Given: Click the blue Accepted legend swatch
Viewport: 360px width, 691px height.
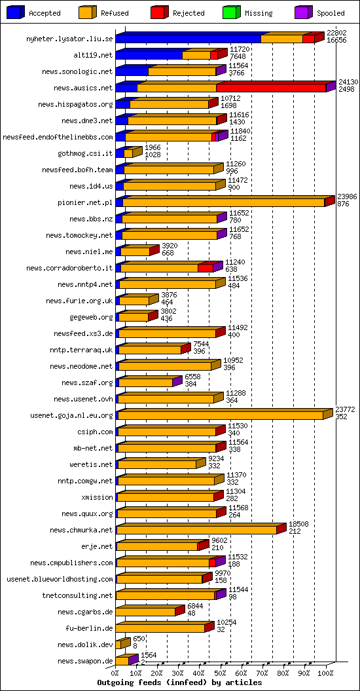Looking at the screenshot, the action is point(16,12).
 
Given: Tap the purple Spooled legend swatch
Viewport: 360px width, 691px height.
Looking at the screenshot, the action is point(304,12).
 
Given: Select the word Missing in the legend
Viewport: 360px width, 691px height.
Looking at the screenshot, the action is point(259,13).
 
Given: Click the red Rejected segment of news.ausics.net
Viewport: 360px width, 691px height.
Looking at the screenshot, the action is point(271,88).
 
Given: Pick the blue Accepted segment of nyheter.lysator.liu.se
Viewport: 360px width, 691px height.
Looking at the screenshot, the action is point(188,39).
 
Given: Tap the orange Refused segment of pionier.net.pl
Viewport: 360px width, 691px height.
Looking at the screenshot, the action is point(224,202).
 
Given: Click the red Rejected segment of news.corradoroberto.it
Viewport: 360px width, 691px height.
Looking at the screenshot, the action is point(206,267).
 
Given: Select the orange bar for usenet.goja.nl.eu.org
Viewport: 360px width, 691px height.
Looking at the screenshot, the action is point(221,415).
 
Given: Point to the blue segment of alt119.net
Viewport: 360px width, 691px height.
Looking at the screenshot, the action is point(149,55).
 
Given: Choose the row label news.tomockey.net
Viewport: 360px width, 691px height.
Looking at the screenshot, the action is point(79,235).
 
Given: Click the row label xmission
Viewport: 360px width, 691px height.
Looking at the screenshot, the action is point(97,497).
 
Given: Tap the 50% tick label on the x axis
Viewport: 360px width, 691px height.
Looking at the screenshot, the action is point(221,673).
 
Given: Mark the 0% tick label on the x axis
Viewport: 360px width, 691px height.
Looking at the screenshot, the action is point(115,673).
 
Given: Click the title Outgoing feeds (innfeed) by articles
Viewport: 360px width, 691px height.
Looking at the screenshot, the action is point(180,682).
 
